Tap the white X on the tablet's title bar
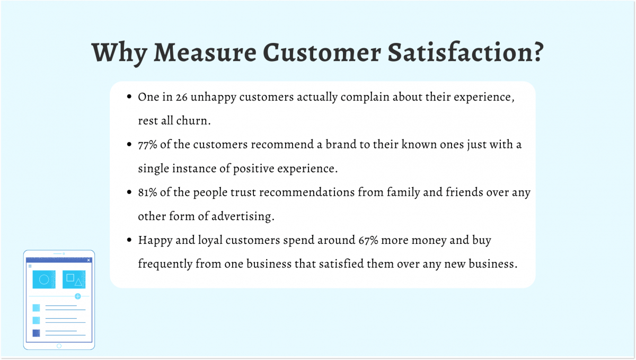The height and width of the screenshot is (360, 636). pyautogui.click(x=89, y=260)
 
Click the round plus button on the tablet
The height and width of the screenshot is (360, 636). pyautogui.click(x=77, y=296)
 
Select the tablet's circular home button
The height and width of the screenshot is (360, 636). pyautogui.click(x=59, y=346)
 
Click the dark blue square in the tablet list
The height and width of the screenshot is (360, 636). pyautogui.click(x=36, y=333)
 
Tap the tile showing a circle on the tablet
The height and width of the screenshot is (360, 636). pyautogui.click(x=44, y=279)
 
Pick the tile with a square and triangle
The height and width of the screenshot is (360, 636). pyautogui.click(x=74, y=279)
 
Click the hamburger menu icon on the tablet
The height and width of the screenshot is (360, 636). pyautogui.click(x=30, y=266)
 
